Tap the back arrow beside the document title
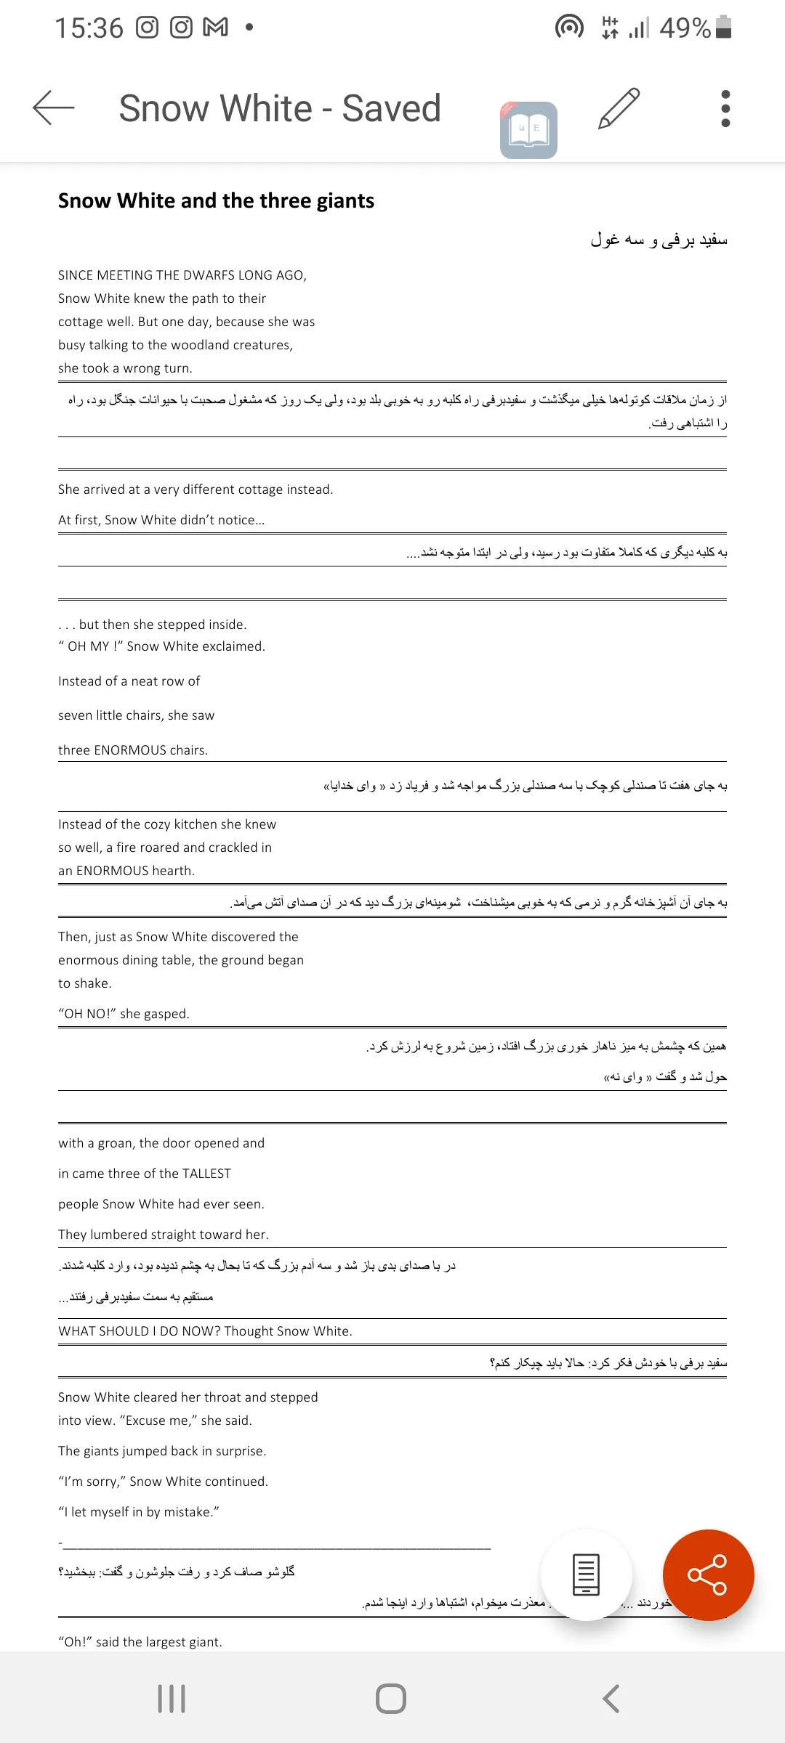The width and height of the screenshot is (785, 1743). click(x=54, y=108)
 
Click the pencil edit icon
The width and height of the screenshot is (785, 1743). click(x=619, y=109)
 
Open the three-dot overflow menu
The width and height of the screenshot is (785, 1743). click(x=725, y=109)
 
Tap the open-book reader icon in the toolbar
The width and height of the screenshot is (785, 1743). click(x=528, y=130)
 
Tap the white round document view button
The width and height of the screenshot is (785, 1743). click(x=586, y=1575)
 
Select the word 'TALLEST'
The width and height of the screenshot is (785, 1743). click(x=206, y=1174)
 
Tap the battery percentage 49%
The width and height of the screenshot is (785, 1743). click(x=685, y=28)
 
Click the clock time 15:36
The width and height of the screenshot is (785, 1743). click(x=89, y=28)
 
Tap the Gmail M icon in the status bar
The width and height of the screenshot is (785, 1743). click(x=215, y=28)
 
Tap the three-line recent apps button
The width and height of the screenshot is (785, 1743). click(x=172, y=1699)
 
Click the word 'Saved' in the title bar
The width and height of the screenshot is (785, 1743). click(x=391, y=109)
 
